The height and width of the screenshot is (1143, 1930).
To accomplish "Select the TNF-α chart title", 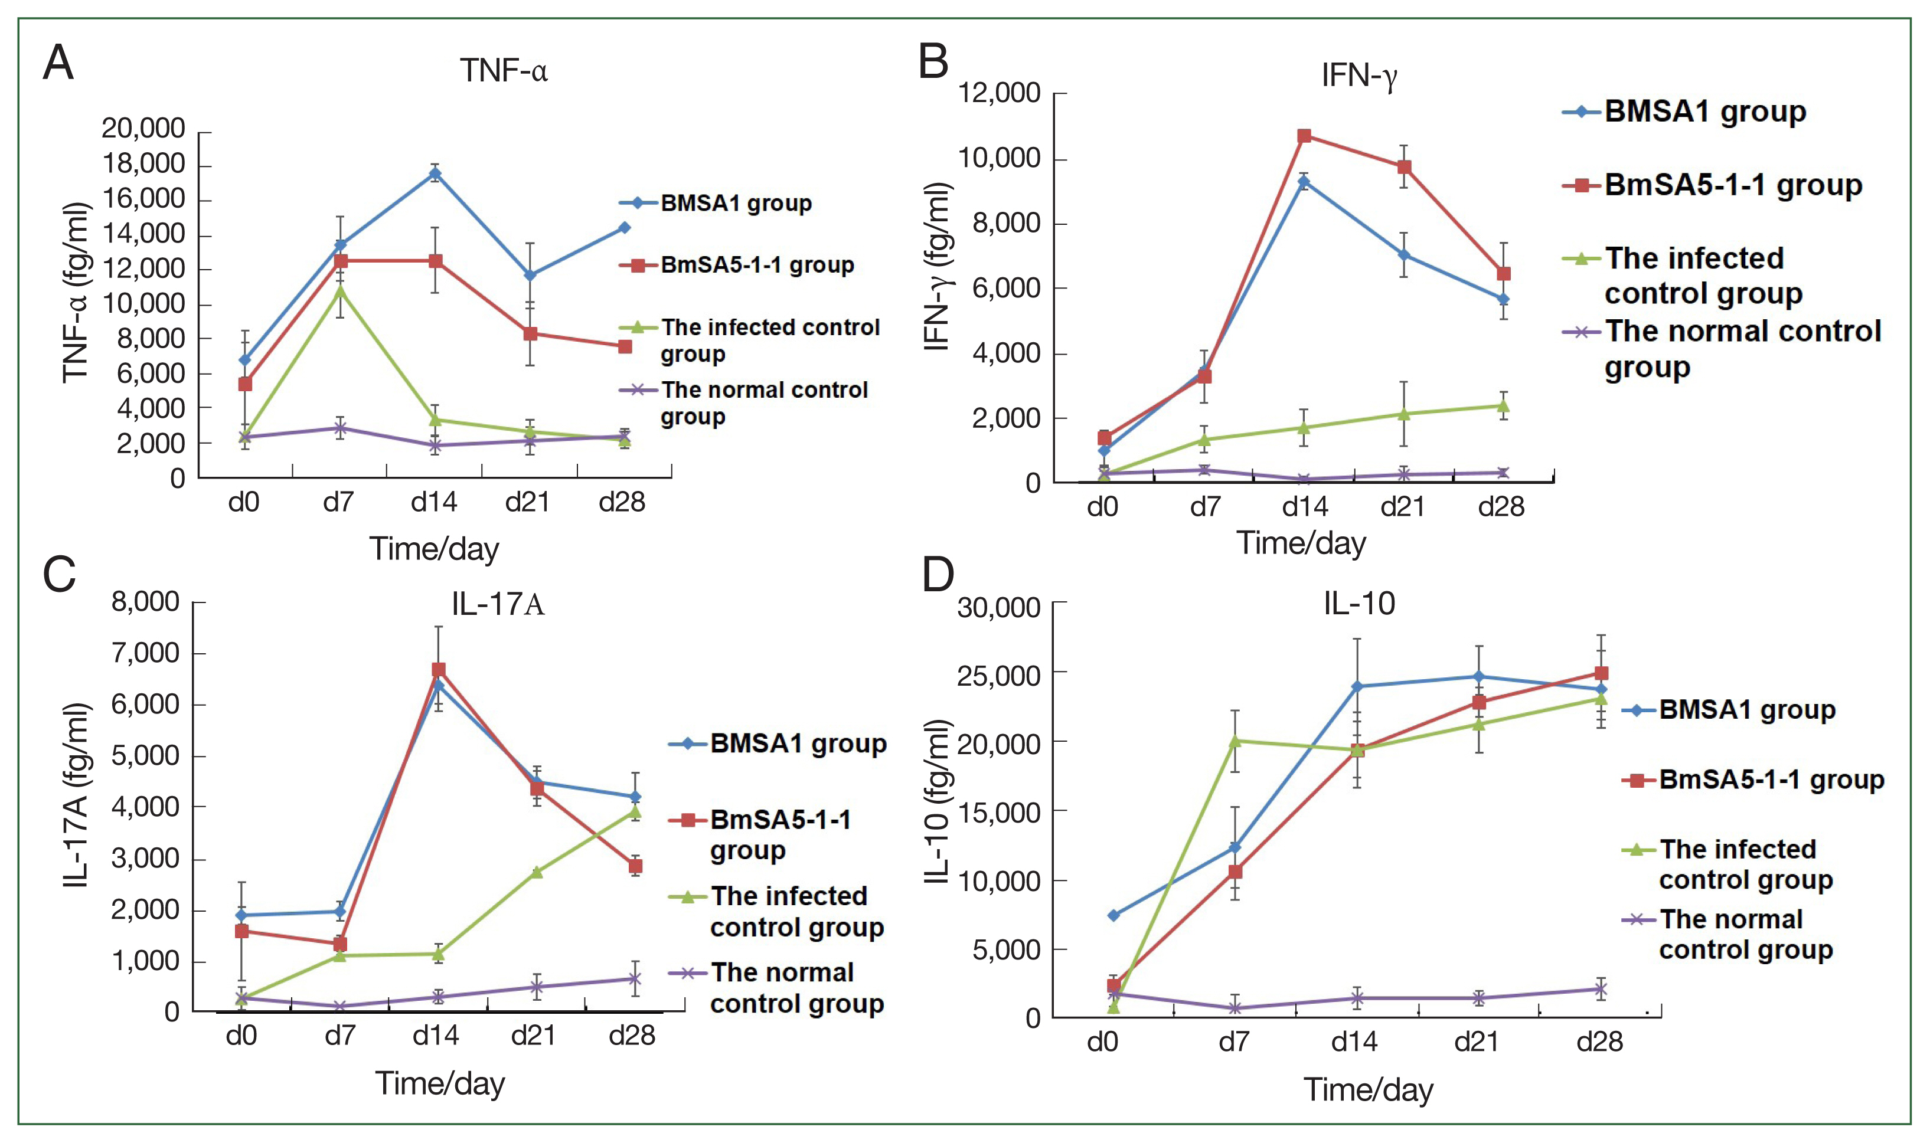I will pyautogui.click(x=503, y=71).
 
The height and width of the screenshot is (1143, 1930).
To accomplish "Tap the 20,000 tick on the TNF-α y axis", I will pyautogui.click(x=143, y=128).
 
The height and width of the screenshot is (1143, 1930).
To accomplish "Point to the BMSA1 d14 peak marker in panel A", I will pyautogui.click(x=435, y=173).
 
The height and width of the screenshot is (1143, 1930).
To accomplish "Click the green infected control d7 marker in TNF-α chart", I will pyautogui.click(x=341, y=290).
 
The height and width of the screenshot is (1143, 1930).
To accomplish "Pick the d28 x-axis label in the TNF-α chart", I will pyautogui.click(x=622, y=502).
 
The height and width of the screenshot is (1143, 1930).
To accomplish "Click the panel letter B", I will pyautogui.click(x=933, y=61).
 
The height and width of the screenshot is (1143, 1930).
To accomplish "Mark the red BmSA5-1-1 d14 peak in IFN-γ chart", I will pyautogui.click(x=1304, y=136).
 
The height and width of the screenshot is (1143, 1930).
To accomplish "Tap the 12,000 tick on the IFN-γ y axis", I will pyautogui.click(x=998, y=93).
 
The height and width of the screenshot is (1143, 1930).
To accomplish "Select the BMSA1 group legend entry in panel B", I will pyautogui.click(x=1704, y=112).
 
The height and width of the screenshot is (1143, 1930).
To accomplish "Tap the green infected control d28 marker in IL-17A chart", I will pyautogui.click(x=635, y=811).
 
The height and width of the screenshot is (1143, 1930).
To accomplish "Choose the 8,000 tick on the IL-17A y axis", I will pyautogui.click(x=146, y=601).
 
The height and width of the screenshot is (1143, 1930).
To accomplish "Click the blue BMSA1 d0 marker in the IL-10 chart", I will pyautogui.click(x=1113, y=915).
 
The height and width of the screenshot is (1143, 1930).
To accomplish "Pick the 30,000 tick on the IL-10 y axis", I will pyautogui.click(x=998, y=607).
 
